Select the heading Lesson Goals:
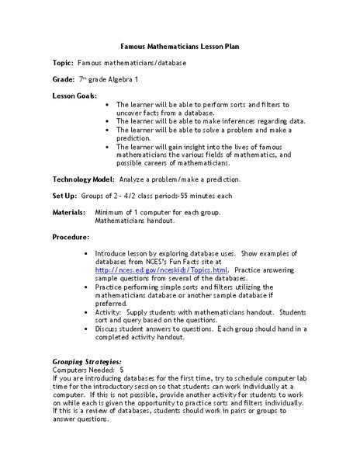(75, 95)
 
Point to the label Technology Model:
(84, 178)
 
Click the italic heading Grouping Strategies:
(87, 362)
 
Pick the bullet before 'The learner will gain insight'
(106, 146)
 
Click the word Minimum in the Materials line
(110, 211)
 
